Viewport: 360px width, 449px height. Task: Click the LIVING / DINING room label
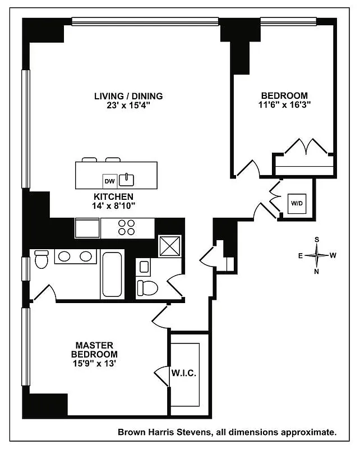[128, 96]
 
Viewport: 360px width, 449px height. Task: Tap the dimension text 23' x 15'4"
[128, 105]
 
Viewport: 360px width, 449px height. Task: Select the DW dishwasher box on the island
[109, 181]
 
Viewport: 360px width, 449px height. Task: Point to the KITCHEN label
[113, 197]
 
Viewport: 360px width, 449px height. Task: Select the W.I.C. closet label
[184, 373]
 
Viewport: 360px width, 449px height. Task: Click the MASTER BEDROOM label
[94, 350]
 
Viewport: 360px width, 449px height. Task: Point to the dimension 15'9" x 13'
[94, 364]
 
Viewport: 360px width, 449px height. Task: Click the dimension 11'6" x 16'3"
[285, 104]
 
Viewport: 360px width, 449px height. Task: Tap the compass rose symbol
[317, 255]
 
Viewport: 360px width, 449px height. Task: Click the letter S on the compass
[317, 240]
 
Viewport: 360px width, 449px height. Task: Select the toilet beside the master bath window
[42, 260]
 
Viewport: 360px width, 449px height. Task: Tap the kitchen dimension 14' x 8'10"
[113, 206]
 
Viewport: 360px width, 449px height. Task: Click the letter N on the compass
[317, 272]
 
